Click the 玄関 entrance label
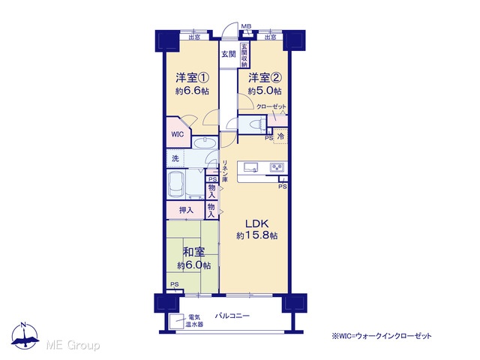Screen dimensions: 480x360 point(229,54)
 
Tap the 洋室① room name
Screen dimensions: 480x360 point(192,78)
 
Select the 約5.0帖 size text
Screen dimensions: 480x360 point(265,91)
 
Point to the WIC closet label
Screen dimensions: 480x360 point(178,134)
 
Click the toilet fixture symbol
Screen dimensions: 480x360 point(256,124)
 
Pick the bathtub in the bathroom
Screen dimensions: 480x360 point(176,184)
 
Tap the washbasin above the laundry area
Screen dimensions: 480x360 point(205,142)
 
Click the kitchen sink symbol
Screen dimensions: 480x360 point(250,167)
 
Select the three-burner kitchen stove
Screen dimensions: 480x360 point(277,167)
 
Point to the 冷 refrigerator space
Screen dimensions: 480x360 point(280,136)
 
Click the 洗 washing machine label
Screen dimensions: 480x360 point(175,158)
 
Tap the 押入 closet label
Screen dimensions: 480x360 point(186,210)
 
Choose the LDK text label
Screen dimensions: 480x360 point(256,223)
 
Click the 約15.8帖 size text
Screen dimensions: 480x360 point(257,235)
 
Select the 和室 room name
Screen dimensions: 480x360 point(193,252)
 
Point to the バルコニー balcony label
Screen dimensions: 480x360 point(232,316)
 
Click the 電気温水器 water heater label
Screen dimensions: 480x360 point(194,321)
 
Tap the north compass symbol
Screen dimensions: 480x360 point(25,336)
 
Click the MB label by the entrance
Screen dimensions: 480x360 point(246,26)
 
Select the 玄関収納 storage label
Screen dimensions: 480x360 point(244,55)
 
